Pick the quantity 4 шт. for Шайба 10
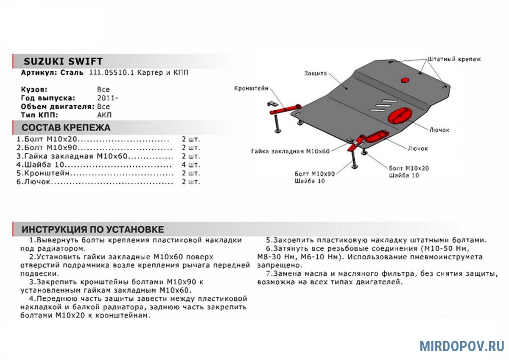coord(190,165)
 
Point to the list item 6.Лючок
coord(34,182)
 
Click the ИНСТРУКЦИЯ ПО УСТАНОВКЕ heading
coord(92,230)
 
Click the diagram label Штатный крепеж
coord(455,59)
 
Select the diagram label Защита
coord(315,73)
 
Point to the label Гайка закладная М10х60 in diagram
coord(291,151)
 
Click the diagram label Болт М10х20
coord(408,168)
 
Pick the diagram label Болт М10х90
coord(314,174)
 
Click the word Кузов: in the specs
coord(34,90)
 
